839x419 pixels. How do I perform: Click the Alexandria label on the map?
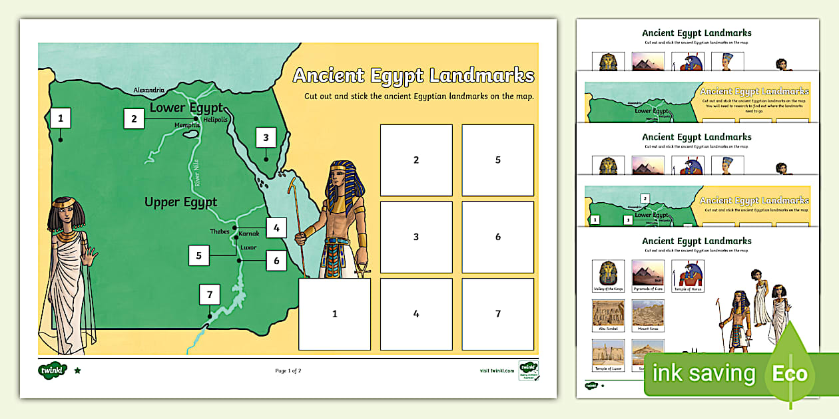pyautogui.click(x=148, y=90)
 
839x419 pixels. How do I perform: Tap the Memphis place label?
pyautogui.click(x=187, y=125)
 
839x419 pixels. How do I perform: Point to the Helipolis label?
pyautogui.click(x=216, y=120)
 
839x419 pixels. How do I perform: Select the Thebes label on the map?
pyautogui.click(x=220, y=231)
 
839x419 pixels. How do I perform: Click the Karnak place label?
pyautogui.click(x=249, y=233)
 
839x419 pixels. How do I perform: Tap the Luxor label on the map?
pyautogui.click(x=248, y=247)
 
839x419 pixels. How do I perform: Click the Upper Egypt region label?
pyautogui.click(x=180, y=202)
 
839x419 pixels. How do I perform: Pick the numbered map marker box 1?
pyautogui.click(x=61, y=118)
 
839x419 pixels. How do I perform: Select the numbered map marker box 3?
pyautogui.click(x=266, y=138)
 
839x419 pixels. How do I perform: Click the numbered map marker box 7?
pyautogui.click(x=209, y=295)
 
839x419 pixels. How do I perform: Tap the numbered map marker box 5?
pyautogui.click(x=198, y=255)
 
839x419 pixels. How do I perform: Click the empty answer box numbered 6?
pyautogui.click(x=497, y=237)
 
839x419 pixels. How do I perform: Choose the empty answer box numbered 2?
pyautogui.click(x=416, y=160)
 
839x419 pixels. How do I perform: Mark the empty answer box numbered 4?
pyautogui.click(x=416, y=314)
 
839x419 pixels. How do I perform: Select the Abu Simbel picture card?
pyautogui.click(x=608, y=316)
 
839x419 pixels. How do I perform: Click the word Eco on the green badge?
pyautogui.click(x=790, y=374)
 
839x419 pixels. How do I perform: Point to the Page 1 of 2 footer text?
pyautogui.click(x=288, y=370)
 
